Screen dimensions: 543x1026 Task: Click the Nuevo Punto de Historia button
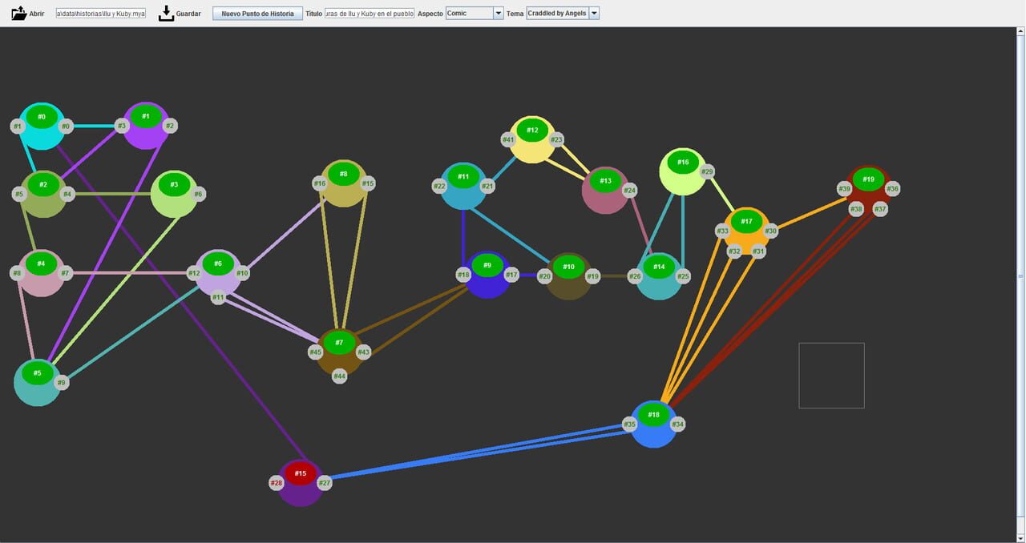point(257,14)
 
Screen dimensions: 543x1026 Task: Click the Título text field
point(370,14)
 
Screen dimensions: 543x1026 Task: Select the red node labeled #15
point(300,473)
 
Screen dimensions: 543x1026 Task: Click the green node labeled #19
point(868,179)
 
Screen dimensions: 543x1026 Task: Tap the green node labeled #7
point(339,343)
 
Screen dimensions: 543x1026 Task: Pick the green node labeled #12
point(532,130)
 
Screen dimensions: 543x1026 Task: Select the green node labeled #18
point(653,415)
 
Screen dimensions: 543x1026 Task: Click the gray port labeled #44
point(339,376)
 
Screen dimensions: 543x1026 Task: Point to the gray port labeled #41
point(508,140)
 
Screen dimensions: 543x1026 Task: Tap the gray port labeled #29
point(707,172)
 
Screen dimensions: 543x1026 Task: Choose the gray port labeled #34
point(678,424)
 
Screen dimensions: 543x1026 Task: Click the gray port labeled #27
point(325,483)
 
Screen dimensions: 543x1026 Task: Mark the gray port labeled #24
point(629,191)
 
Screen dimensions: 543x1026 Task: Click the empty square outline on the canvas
point(831,376)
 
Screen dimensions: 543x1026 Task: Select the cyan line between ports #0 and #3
point(95,126)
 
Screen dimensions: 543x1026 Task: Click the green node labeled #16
point(682,162)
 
